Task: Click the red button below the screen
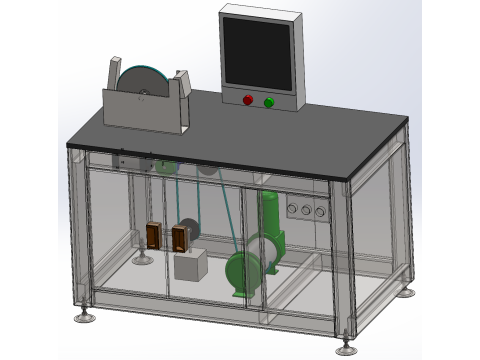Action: click(x=248, y=100)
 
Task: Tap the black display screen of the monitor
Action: click(x=257, y=54)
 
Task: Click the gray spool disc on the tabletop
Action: click(x=141, y=83)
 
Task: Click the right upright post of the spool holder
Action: click(x=183, y=83)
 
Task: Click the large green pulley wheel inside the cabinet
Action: click(x=243, y=271)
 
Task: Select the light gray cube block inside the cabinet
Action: click(x=190, y=265)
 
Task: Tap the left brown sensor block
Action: click(x=152, y=234)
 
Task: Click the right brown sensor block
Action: click(x=180, y=237)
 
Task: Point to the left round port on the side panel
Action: click(x=292, y=209)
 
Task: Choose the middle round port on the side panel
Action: click(x=306, y=210)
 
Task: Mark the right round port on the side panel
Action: click(x=320, y=211)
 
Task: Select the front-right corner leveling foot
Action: click(x=347, y=348)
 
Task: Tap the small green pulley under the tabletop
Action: click(x=165, y=166)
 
